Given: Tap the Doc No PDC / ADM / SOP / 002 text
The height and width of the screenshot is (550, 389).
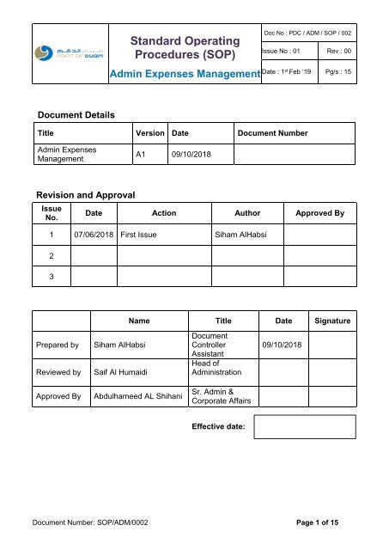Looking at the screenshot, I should click(x=310, y=33).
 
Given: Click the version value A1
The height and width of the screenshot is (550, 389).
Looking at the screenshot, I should click(x=145, y=155).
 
